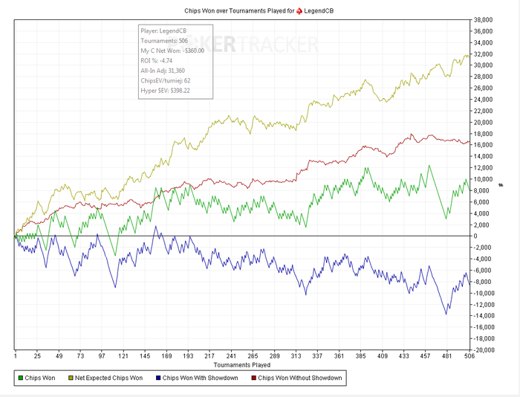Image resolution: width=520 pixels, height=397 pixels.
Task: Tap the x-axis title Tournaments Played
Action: [x=241, y=365]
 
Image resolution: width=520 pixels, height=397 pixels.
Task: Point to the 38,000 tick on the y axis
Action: [x=484, y=19]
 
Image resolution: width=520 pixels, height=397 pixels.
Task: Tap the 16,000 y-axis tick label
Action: [x=484, y=145]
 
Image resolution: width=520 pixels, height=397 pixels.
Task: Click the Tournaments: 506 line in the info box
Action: [x=163, y=40]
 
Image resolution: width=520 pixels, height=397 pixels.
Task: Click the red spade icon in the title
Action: [x=300, y=11]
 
